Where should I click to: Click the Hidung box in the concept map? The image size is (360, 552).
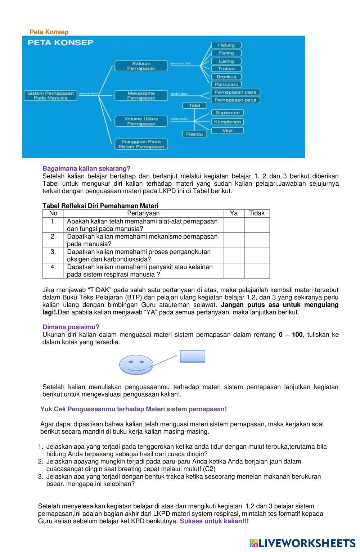(x=226, y=45)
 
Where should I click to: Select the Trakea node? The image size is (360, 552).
(x=226, y=69)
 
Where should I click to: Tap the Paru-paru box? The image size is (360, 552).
(x=226, y=85)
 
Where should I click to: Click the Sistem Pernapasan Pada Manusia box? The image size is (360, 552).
(x=50, y=95)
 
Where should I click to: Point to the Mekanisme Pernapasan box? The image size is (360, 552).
(x=141, y=95)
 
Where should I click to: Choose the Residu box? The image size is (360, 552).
(x=194, y=134)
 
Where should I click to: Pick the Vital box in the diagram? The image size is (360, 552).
(x=227, y=131)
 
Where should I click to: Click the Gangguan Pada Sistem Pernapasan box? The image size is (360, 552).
(x=141, y=144)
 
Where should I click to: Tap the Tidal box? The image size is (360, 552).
(x=194, y=105)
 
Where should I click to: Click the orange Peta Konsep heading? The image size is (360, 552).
(x=49, y=32)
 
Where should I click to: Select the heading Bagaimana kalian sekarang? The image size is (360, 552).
(x=86, y=168)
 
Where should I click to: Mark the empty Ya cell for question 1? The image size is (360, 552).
(x=234, y=225)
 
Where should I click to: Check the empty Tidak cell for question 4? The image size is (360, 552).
(x=257, y=271)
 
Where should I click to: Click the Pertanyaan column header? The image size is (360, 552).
(x=143, y=213)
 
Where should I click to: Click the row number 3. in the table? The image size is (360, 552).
(x=53, y=252)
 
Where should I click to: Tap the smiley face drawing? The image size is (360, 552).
(x=136, y=365)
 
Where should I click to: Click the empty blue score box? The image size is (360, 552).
(x=193, y=356)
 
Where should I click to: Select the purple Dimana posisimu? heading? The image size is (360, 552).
(x=71, y=327)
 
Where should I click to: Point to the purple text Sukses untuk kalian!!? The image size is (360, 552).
(x=214, y=521)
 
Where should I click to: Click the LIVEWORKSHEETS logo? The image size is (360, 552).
(x=302, y=543)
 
